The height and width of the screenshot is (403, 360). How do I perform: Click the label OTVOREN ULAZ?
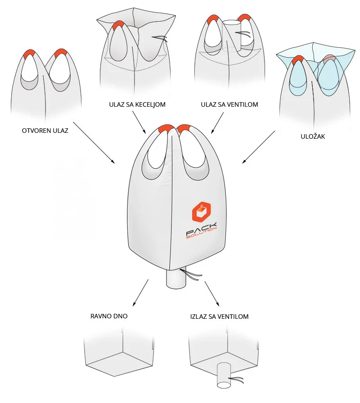pos(45,131)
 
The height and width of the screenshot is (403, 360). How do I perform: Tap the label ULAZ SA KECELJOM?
pos(137,104)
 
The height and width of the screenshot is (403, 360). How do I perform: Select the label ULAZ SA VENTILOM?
pos(229,104)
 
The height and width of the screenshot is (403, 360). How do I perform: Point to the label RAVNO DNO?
pos(109,316)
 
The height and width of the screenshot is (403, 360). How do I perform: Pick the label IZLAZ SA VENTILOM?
pos(219,317)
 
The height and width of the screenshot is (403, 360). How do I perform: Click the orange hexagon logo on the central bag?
pos(202,212)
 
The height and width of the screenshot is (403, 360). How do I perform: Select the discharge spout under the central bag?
pos(175,279)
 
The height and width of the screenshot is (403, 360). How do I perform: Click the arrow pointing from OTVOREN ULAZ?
pos(93,142)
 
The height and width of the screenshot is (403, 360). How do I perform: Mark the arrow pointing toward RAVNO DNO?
pos(141,293)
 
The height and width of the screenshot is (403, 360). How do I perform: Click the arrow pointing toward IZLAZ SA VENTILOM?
pos(211,294)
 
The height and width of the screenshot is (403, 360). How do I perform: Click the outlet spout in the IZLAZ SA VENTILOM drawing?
pos(224,375)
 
